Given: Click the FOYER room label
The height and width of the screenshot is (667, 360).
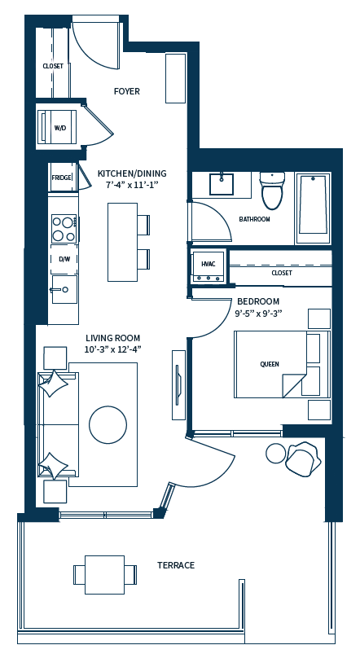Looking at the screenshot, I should (126, 91).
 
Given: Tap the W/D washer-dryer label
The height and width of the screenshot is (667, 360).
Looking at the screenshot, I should (60, 128).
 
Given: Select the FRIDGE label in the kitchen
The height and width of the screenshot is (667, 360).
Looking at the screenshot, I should (61, 177).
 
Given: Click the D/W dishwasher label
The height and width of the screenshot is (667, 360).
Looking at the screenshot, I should (64, 259).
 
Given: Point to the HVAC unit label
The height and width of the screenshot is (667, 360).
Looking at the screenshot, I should (208, 264).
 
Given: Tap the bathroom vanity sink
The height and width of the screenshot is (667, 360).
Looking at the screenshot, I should (222, 184).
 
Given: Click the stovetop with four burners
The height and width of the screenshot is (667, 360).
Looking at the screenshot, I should (64, 228).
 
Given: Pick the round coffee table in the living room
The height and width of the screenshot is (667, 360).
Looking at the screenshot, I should (108, 424).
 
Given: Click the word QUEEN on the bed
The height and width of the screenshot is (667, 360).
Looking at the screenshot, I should (270, 364).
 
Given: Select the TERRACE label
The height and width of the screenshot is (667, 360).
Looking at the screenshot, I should (176, 565).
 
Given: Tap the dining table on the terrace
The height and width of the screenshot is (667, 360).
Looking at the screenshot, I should (104, 574).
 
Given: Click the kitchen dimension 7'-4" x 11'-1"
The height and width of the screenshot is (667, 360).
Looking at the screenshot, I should (131, 185).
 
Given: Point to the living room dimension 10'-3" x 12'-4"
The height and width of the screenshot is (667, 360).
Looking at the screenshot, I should (113, 349).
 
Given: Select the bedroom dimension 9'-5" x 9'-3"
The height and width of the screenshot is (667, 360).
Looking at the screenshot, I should (258, 313).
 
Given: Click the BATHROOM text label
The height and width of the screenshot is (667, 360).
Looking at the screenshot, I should (254, 219).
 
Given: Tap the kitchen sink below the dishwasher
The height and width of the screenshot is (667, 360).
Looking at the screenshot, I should (64, 288).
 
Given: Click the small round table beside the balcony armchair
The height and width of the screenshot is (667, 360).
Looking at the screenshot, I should (276, 453).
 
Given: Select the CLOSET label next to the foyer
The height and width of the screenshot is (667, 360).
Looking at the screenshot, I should (53, 66).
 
